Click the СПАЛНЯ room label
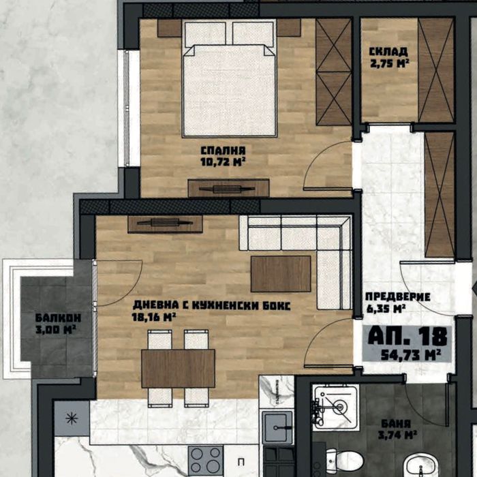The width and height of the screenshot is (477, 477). coord(223,150)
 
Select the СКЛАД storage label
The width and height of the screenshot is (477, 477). coord(388,52)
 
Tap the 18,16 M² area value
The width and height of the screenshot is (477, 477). coord(155,317)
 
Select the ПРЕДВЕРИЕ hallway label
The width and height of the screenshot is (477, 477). coord(398,296)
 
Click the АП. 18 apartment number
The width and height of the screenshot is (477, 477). coord(408,336)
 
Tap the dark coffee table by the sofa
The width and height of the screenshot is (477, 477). coord(280,273)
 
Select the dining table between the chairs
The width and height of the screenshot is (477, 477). coord(178,368)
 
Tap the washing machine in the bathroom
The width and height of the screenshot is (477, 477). coord(335,407)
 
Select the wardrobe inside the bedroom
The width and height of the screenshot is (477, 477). coord(334,72)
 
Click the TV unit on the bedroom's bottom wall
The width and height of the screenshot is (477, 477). coord(228,188)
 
